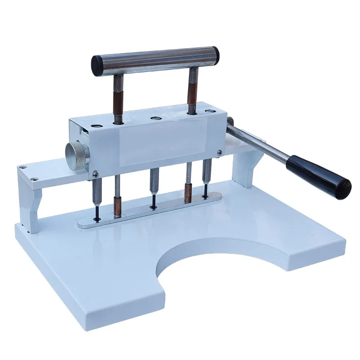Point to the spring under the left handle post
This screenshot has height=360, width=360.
(118, 118)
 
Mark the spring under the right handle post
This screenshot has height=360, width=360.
(191, 108)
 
